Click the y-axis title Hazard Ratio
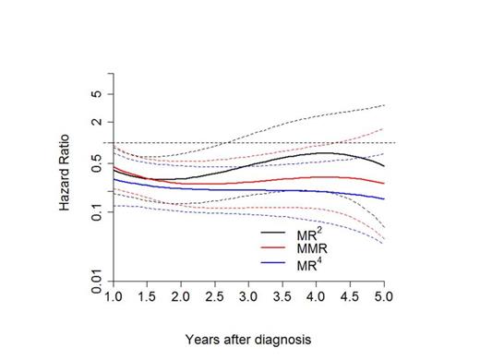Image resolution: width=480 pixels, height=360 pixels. coord(66,175)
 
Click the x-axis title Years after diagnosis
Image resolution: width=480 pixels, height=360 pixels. coord(248,339)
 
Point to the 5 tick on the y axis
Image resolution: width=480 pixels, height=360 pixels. coord(96,94)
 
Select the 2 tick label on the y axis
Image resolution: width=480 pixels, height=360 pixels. coord(96,122)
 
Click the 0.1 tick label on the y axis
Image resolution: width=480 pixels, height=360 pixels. coord(96,212)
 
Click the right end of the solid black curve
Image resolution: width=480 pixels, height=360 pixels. coord(384,166)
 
